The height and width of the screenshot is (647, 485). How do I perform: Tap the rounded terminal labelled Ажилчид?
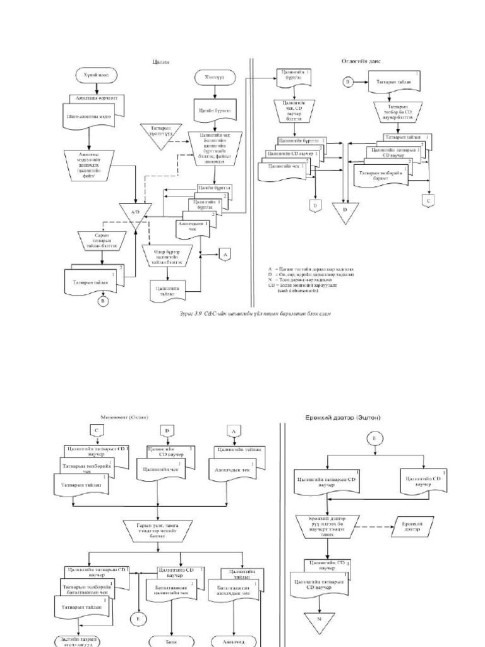234,641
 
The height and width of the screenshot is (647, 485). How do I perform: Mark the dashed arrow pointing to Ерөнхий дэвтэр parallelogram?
373,524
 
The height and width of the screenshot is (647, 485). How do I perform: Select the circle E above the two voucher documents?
374,435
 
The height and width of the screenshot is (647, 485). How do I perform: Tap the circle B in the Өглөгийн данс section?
347,82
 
